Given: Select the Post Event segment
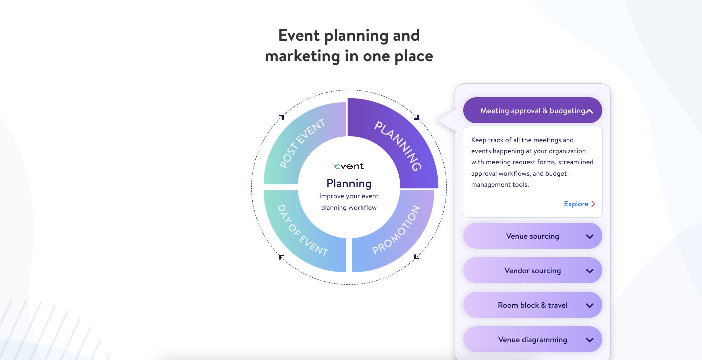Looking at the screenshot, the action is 302,144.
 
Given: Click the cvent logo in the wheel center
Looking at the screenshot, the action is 349,166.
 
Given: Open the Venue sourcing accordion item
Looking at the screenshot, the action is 532,236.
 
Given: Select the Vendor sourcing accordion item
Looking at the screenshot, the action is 532,271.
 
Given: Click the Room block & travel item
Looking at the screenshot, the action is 532,305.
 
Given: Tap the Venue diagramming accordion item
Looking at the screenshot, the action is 532,340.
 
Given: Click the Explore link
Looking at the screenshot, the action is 576,204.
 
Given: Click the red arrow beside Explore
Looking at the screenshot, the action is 593,204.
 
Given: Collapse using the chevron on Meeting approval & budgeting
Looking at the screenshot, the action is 590,111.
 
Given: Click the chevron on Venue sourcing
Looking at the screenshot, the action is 590,237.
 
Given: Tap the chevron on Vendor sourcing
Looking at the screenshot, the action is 590,271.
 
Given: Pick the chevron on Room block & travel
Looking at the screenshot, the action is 590,306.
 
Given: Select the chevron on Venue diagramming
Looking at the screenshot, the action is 590,340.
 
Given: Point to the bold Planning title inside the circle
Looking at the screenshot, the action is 349,183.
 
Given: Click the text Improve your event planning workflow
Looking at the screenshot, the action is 349,202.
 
